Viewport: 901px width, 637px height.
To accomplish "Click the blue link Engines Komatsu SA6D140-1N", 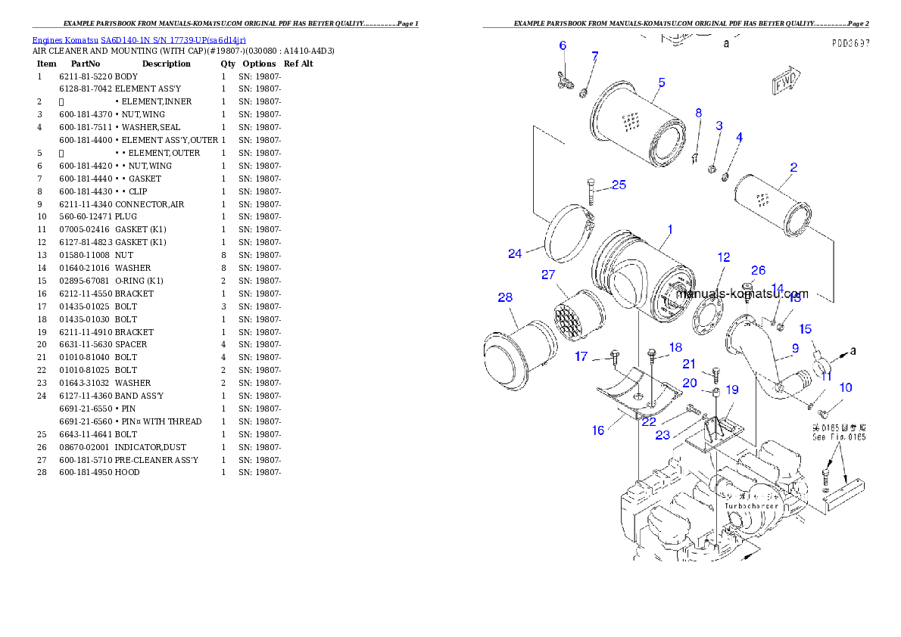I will pos(139,39).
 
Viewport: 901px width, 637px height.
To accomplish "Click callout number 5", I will pos(661,82).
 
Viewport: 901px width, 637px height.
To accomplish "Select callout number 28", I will pos(505,297).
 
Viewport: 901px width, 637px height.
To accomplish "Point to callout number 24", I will pos(515,253).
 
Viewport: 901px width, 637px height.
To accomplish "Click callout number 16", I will pos(598,430).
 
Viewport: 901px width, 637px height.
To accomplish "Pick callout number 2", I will pos(793,167).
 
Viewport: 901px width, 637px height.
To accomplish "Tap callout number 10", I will pos(846,387).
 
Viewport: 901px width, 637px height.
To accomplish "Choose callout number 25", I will pos(619,185).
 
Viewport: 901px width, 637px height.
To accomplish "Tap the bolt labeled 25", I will pos(591,192).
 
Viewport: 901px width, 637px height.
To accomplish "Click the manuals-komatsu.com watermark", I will pos(742,294).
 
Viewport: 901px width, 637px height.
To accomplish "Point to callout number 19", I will pos(732,390).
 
